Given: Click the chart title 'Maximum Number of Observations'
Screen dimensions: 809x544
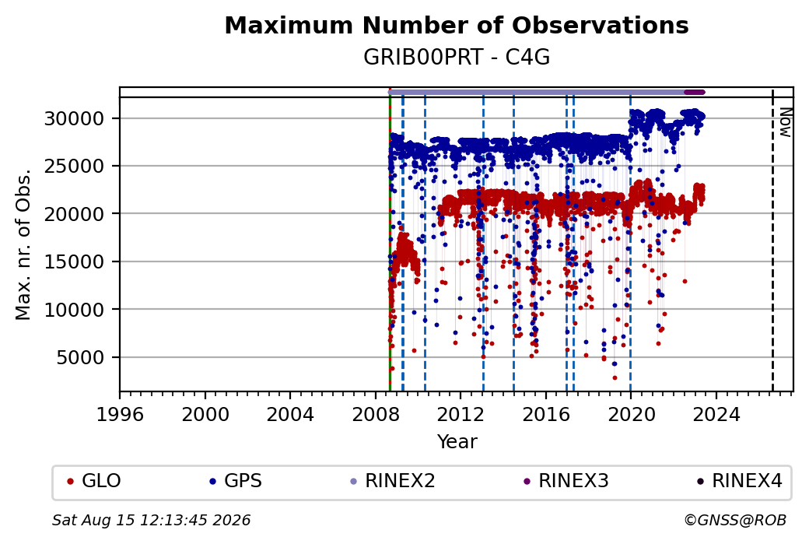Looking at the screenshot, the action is coord(457,25).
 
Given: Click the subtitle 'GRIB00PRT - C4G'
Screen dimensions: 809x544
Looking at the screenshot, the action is coord(457,57).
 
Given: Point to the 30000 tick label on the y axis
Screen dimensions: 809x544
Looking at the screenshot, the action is coord(75,119).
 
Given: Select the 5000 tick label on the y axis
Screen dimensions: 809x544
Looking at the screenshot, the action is coord(80,357).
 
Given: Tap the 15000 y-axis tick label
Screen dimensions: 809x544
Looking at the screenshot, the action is coord(75,261).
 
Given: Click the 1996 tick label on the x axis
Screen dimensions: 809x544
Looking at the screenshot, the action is coord(120,415).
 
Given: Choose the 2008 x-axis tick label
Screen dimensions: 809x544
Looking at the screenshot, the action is coord(375,415).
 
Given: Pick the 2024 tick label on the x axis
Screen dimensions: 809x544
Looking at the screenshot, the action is coord(716,415).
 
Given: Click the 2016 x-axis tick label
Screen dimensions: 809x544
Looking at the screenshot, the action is coord(545,415).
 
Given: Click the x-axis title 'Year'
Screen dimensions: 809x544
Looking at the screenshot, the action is coord(457,442).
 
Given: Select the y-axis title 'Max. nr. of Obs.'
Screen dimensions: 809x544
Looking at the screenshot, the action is coord(23,244).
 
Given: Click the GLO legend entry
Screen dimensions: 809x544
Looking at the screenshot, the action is coord(94,481).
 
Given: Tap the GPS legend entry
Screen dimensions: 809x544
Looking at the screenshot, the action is coord(235,481).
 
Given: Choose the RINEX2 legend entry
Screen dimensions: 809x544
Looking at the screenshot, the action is coord(393,481).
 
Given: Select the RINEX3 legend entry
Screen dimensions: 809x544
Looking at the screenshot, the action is coord(566,481).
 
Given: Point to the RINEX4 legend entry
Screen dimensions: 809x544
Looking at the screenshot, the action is coord(739,481).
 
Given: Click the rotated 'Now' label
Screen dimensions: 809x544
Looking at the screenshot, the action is coord(785,122).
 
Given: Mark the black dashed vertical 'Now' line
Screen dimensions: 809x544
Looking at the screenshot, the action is coord(772,240).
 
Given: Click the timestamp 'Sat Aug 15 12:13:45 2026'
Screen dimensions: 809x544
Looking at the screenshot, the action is coord(151,520).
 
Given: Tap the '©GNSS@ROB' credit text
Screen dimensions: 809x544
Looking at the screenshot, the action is coord(735,520).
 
